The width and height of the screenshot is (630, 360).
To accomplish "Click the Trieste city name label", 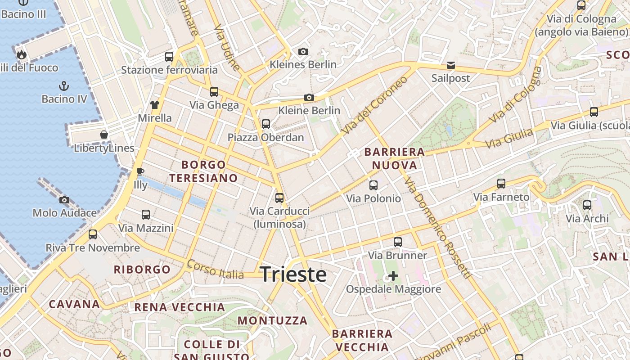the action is (x=293, y=274).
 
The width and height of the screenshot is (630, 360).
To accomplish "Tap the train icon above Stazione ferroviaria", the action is (x=169, y=57).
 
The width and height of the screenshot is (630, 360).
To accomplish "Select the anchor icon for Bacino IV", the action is (x=64, y=85).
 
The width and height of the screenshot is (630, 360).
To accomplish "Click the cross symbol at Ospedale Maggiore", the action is (x=393, y=275).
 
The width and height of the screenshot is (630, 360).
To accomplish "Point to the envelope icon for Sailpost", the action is (x=450, y=65).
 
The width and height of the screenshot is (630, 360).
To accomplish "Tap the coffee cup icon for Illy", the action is (x=140, y=171).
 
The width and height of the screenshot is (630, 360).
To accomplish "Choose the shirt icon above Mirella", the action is (x=154, y=105).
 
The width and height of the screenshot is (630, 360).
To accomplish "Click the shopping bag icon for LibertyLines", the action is (x=104, y=135).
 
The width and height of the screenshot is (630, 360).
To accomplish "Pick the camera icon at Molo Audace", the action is (x=64, y=200).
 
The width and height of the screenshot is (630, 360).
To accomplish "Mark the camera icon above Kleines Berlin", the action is (x=303, y=51).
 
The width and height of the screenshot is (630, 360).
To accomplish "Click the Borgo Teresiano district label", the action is (x=203, y=171).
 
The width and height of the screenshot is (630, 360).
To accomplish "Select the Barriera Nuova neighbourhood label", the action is (x=395, y=158).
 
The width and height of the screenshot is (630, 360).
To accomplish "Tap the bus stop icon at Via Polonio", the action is (x=373, y=185).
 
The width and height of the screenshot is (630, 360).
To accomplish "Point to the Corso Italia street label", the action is (x=215, y=269).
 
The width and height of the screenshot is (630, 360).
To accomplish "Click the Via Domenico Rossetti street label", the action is (x=437, y=228).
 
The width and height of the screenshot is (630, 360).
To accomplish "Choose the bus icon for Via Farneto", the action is (x=501, y=184).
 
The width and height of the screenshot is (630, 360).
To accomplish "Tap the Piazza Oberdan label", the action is (x=265, y=137).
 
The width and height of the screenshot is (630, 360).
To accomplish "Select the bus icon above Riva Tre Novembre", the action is (x=93, y=234).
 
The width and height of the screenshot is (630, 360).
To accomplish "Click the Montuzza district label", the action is (x=272, y=321).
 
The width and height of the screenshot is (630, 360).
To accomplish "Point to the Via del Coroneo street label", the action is (x=374, y=105).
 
